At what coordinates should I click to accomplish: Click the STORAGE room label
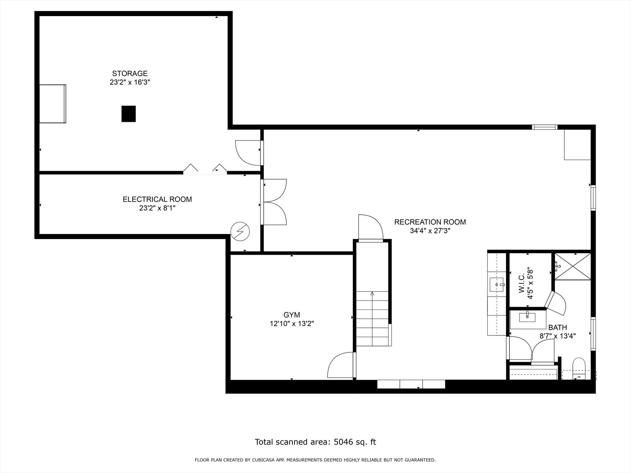click(130, 74)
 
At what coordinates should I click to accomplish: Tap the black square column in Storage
click(129, 114)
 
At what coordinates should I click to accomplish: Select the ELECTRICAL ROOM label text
click(157, 199)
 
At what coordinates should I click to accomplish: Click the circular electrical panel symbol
click(240, 232)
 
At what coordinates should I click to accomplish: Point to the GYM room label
click(292, 315)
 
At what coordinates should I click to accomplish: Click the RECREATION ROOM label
click(430, 222)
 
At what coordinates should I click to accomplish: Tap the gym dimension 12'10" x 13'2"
click(292, 324)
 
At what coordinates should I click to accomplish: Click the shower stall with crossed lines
click(573, 266)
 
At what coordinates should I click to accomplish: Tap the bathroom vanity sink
click(527, 317)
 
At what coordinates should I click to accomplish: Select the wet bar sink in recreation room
click(497, 284)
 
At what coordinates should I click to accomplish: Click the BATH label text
click(558, 327)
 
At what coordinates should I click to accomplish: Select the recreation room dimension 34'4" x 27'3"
click(430, 231)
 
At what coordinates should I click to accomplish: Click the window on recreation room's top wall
click(545, 127)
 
